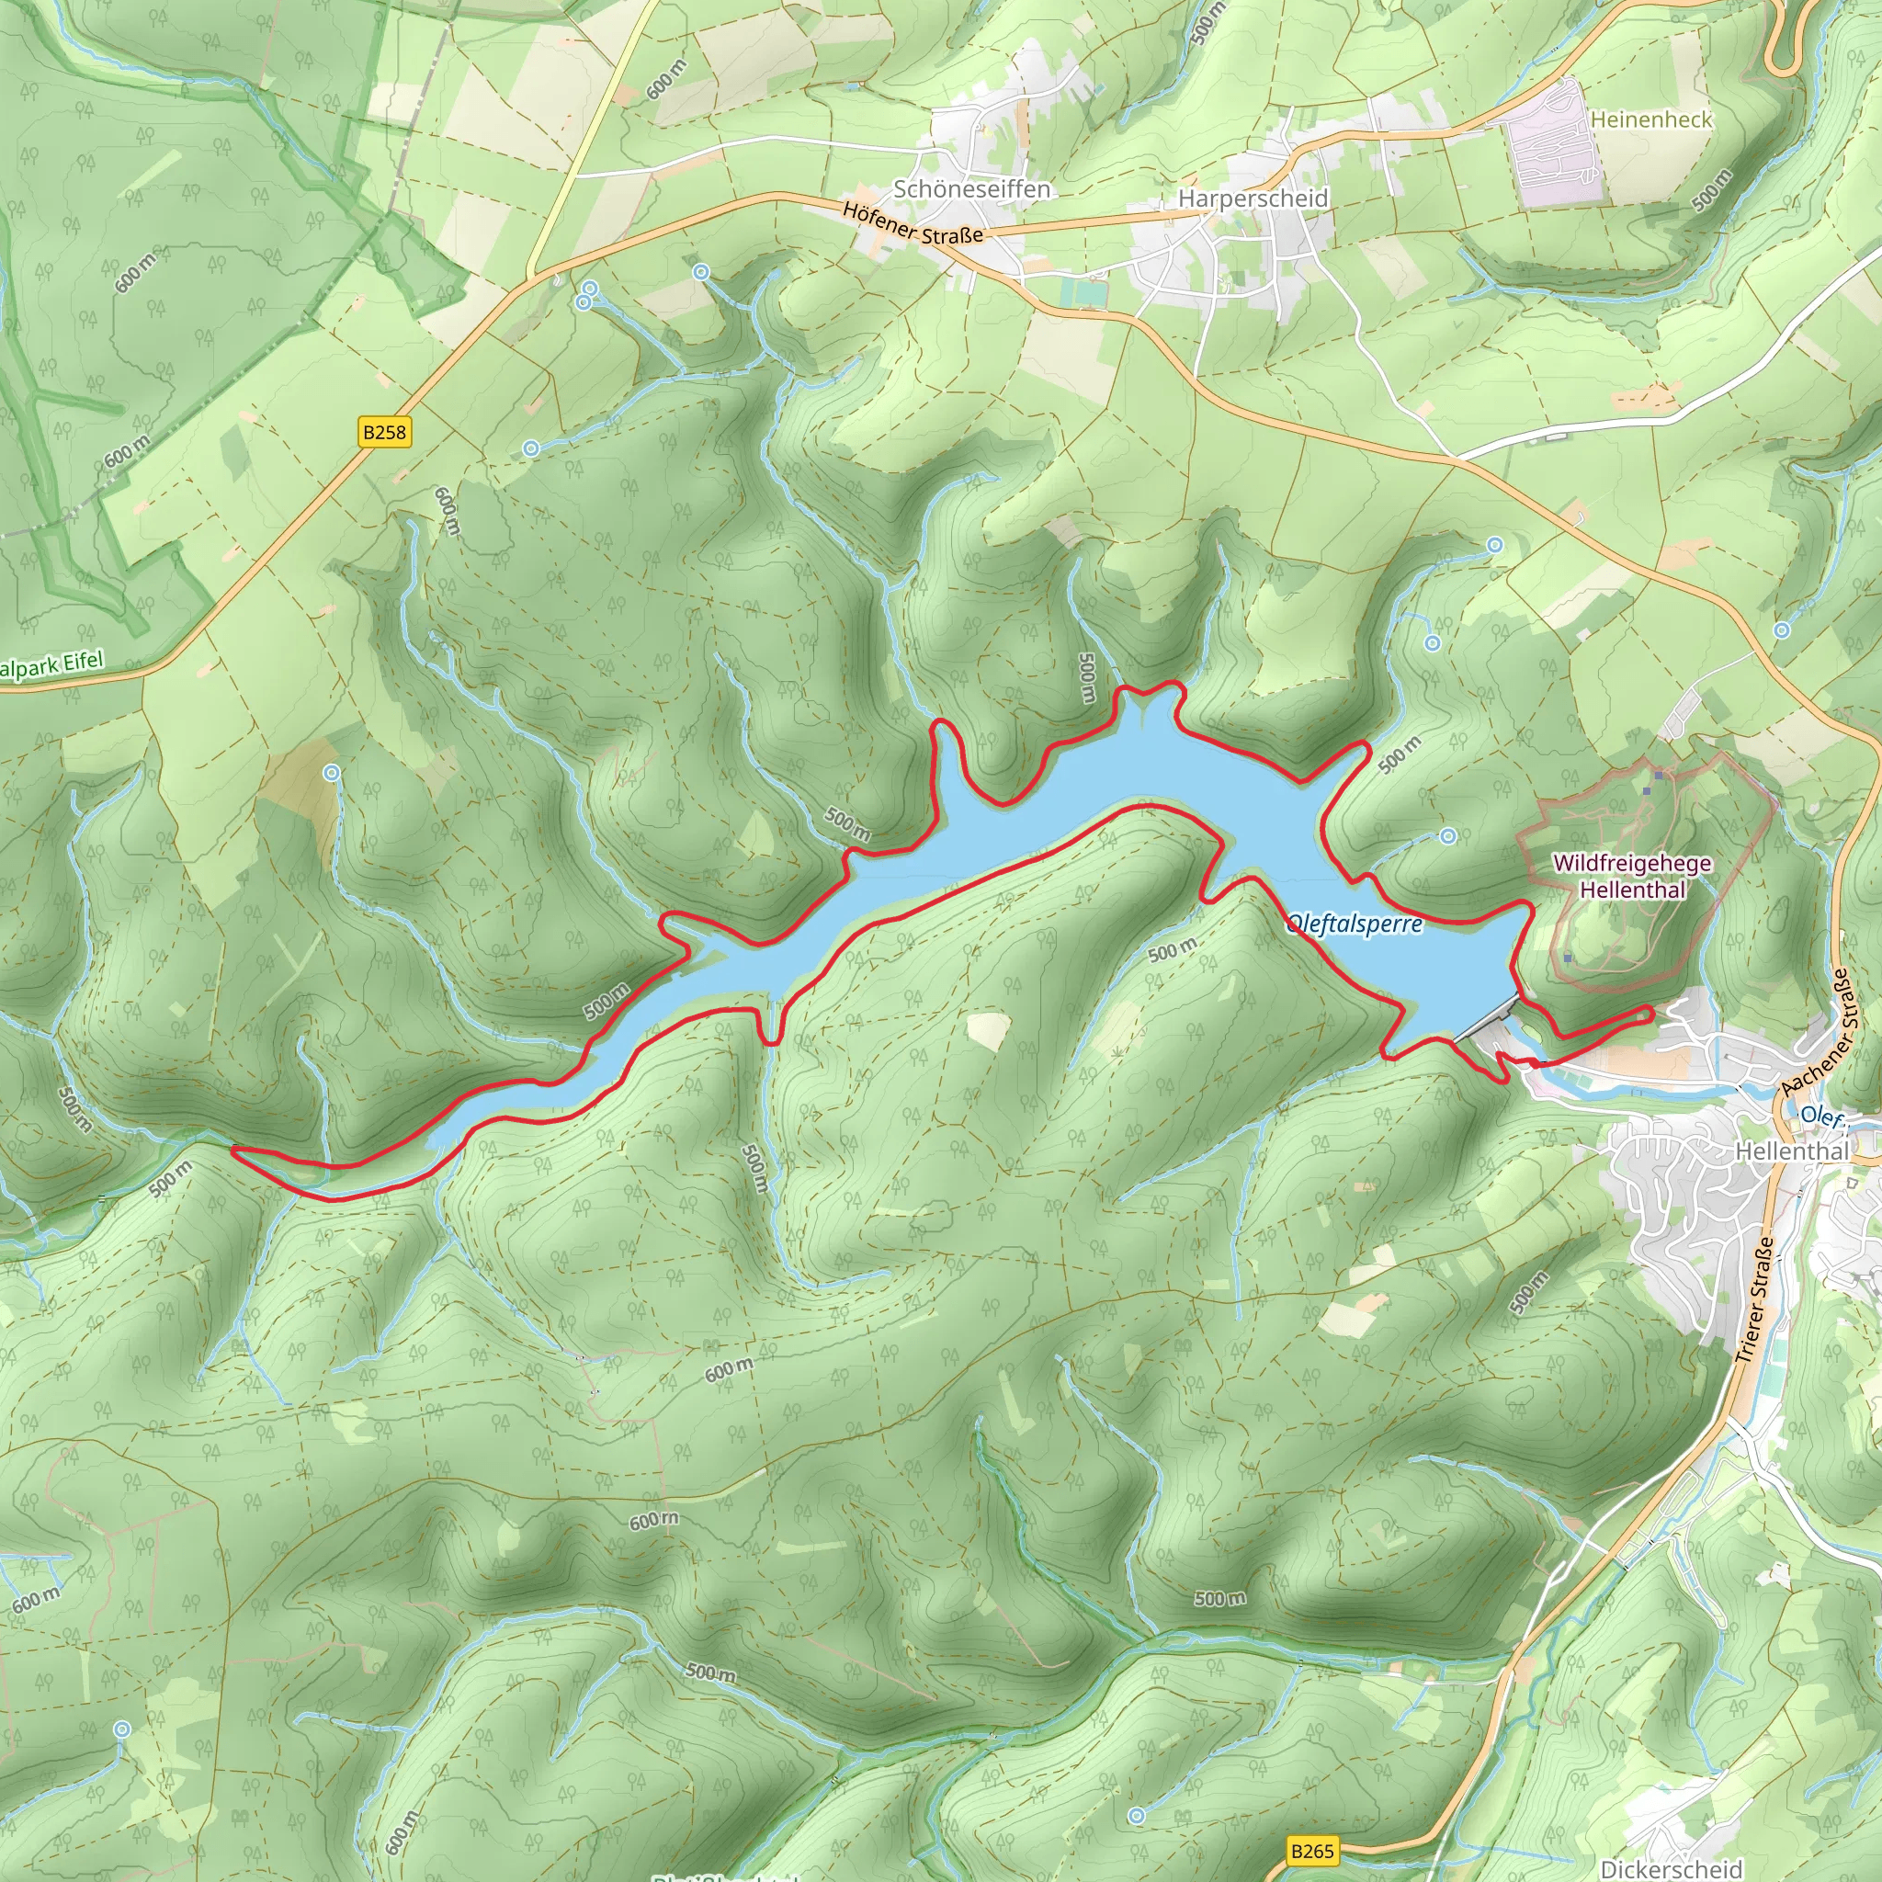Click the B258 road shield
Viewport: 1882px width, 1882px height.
pyautogui.click(x=385, y=432)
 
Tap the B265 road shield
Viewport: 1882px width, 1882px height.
pyautogui.click(x=1312, y=1850)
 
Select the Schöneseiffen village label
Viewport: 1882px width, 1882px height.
pyautogui.click(x=971, y=189)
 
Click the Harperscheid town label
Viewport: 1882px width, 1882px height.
pyautogui.click(x=1253, y=198)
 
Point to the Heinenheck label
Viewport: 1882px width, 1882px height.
pyautogui.click(x=1650, y=119)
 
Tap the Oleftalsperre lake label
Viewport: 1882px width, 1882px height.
pyautogui.click(x=1354, y=924)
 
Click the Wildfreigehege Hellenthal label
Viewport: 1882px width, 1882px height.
pyautogui.click(x=1632, y=876)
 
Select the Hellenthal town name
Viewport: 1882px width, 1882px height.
pyautogui.click(x=1791, y=1151)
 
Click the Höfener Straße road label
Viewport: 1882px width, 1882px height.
pyautogui.click(x=913, y=223)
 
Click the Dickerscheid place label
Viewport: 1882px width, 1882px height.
pyautogui.click(x=1671, y=1868)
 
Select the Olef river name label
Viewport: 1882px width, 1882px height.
pyautogui.click(x=1820, y=1116)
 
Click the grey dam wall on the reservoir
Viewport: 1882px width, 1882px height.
pyautogui.click(x=1485, y=1019)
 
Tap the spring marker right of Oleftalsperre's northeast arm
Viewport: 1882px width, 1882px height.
pyautogui.click(x=1448, y=836)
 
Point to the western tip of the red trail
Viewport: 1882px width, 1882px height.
pyautogui.click(x=233, y=1150)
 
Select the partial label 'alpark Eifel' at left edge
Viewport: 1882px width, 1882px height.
pyautogui.click(x=51, y=666)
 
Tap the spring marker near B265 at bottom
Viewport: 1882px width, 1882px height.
pyautogui.click(x=1137, y=1816)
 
